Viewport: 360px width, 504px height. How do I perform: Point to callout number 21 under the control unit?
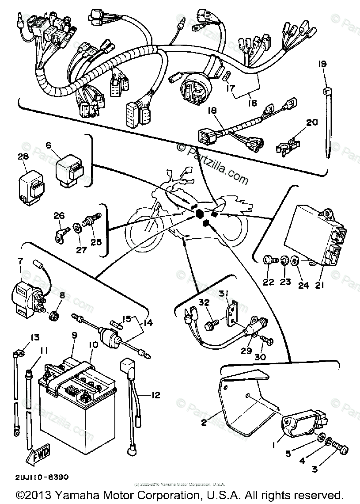320,286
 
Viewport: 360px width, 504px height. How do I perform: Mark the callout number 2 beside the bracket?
204,423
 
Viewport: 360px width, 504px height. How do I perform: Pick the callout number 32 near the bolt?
204,303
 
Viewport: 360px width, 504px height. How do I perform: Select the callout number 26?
59,216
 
